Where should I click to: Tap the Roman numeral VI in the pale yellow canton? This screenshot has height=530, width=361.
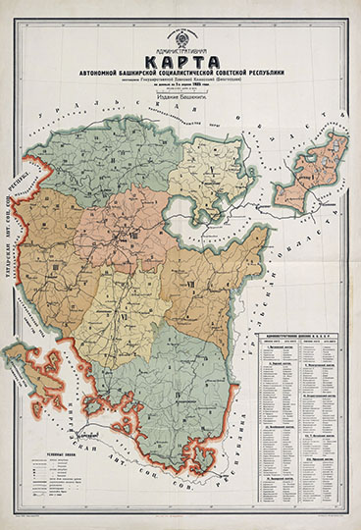(124, 315)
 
